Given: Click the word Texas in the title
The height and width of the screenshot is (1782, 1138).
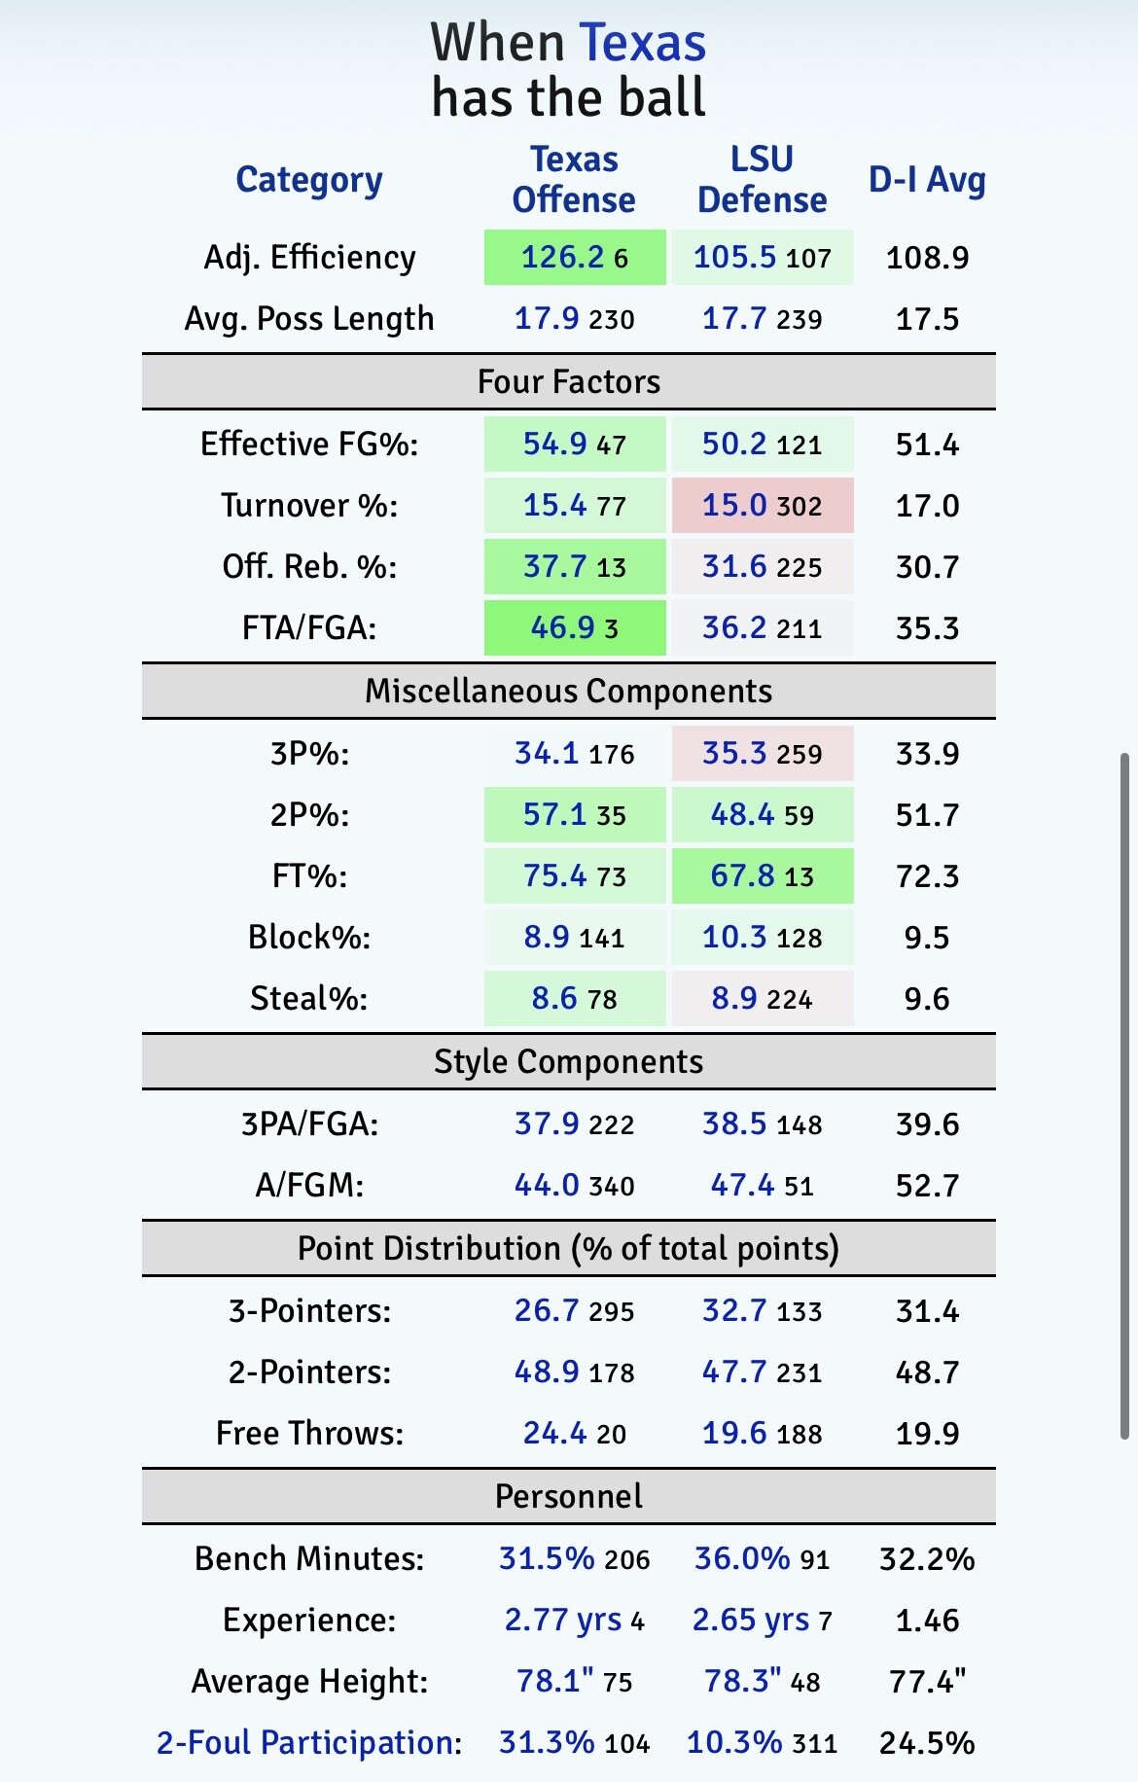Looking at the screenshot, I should pyautogui.click(x=642, y=44).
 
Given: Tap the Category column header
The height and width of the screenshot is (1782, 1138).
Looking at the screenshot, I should pyautogui.click(x=309, y=180).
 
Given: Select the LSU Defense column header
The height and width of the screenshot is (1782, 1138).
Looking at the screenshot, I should pyautogui.click(x=762, y=180).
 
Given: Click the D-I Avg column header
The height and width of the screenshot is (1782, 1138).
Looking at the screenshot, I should pyautogui.click(x=927, y=180).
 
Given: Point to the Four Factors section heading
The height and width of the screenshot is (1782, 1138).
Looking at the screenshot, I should pyautogui.click(x=569, y=381).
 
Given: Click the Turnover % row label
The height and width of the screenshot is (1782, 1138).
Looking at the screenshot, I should pyautogui.click(x=309, y=506).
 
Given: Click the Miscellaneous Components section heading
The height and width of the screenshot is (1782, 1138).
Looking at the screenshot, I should pyautogui.click(x=569, y=691).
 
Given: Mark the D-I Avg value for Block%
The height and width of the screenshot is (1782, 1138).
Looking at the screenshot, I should pyautogui.click(x=927, y=938).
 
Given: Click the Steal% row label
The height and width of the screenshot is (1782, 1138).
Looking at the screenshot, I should pyautogui.click(x=309, y=999).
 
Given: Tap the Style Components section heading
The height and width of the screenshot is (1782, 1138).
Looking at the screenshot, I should pyautogui.click(x=569, y=1061).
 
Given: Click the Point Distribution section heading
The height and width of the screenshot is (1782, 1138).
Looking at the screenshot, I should pyautogui.click(x=569, y=1248).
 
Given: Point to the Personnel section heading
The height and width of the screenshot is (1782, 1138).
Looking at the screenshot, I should pyautogui.click(x=569, y=1496).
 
